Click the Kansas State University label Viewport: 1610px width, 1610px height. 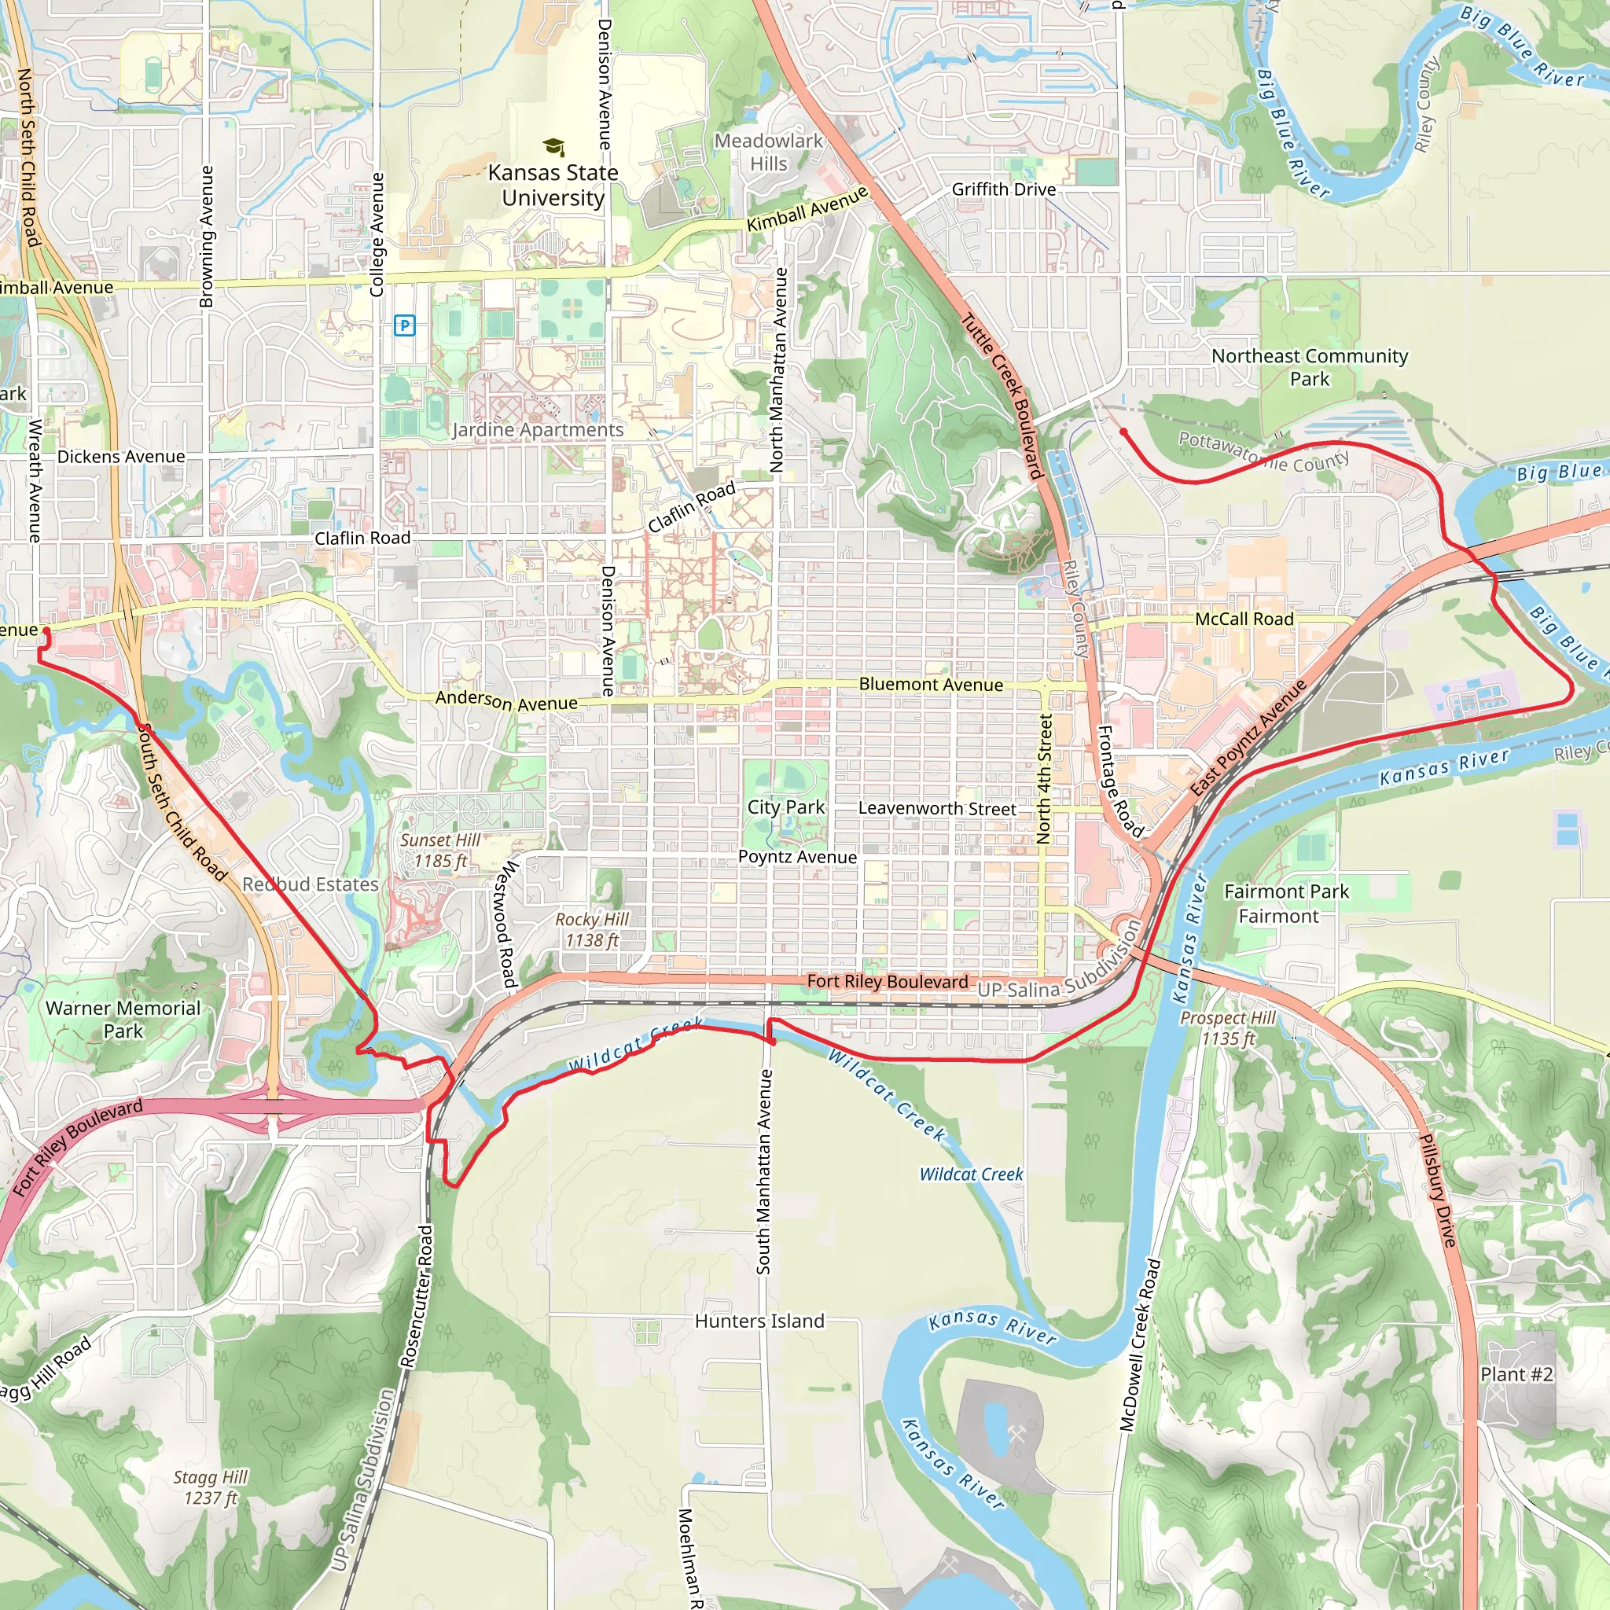553,185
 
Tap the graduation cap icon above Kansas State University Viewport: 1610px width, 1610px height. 553,148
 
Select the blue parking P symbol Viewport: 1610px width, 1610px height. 404,325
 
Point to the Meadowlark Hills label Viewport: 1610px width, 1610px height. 768,153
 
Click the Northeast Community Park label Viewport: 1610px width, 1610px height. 1309,367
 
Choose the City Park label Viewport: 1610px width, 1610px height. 785,807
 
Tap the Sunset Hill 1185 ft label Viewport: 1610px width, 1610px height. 440,850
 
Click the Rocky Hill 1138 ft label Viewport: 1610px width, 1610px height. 592,929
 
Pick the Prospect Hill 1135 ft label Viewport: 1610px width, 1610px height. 1227,1027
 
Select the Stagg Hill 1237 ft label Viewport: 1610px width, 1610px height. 211,1487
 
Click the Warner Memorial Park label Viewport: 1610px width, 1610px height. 123,1019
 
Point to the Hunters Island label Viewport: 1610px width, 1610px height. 759,1321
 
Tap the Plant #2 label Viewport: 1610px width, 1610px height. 1516,1374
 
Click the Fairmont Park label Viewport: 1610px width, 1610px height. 1286,891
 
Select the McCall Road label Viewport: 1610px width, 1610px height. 1244,619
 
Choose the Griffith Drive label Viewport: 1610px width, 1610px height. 1003,190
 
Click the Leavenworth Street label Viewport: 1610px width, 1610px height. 936,808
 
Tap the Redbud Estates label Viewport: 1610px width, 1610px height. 310,884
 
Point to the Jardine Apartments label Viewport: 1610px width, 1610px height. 538,430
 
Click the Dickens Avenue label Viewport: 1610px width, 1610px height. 121,457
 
